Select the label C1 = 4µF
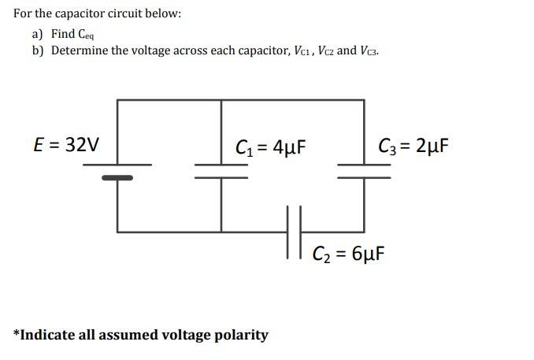tap(270, 147)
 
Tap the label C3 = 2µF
tap(413, 146)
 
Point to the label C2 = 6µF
tap(347, 254)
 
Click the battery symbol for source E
tap(117, 170)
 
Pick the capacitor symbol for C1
tap(221, 170)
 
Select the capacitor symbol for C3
tap(364, 170)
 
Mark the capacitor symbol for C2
tap(295, 232)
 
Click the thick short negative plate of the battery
tap(117, 177)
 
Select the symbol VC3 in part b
tap(369, 50)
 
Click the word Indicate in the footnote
tap(47, 335)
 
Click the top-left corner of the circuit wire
tap(117, 100)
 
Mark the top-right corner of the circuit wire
tap(364, 100)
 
